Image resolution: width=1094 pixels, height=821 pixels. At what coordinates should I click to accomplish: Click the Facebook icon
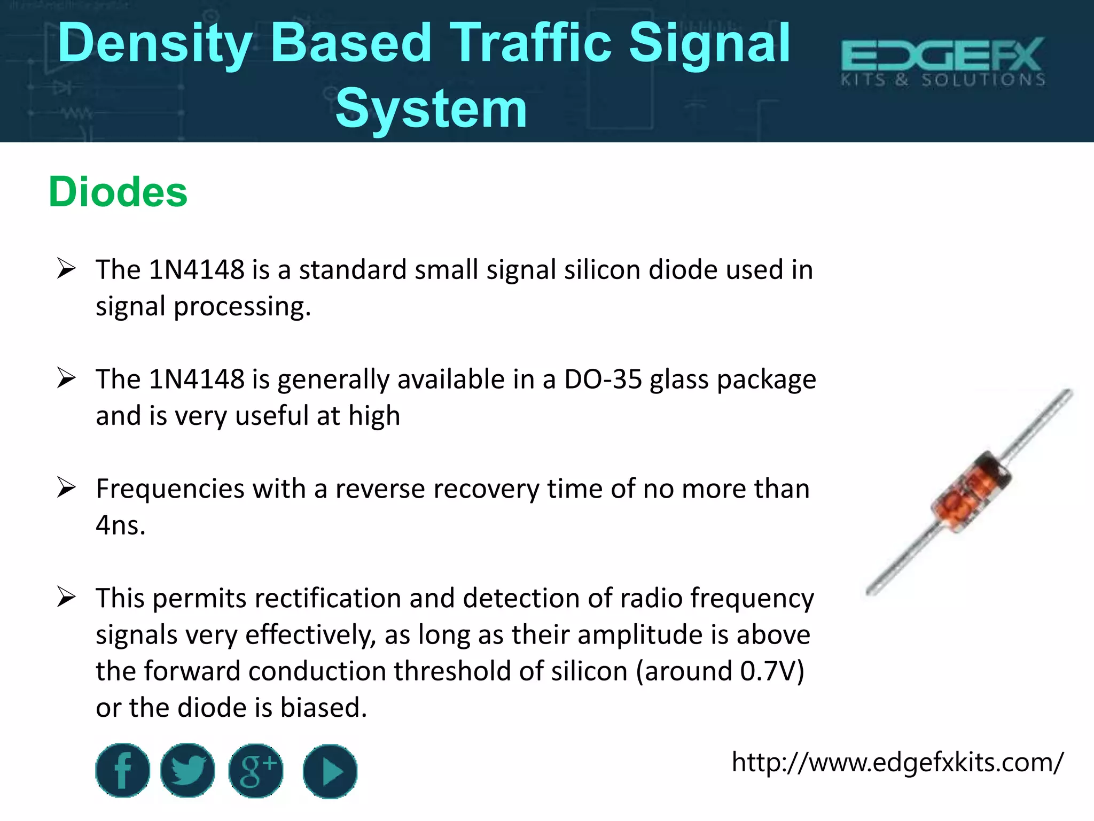point(122,771)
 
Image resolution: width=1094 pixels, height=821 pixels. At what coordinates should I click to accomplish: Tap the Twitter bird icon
point(187,771)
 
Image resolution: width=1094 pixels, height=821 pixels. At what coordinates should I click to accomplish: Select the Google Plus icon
point(256,771)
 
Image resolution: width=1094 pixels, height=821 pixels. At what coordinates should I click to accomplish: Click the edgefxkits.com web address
point(897,762)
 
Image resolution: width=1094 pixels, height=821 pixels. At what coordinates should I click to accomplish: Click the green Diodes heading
point(118,192)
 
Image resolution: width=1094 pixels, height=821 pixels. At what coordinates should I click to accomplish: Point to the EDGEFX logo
point(943,61)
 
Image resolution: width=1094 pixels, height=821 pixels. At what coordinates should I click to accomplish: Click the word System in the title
point(431,110)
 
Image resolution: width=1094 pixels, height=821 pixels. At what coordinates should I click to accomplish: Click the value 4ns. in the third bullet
point(121,525)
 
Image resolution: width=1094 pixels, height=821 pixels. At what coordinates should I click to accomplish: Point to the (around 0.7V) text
point(720,671)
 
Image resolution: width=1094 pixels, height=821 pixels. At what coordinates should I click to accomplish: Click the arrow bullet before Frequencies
point(66,487)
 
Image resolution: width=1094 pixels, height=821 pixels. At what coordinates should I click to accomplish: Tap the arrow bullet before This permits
point(66,597)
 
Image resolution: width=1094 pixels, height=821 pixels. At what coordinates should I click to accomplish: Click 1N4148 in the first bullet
point(197,270)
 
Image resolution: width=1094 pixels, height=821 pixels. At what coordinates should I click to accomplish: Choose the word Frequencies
point(170,489)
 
